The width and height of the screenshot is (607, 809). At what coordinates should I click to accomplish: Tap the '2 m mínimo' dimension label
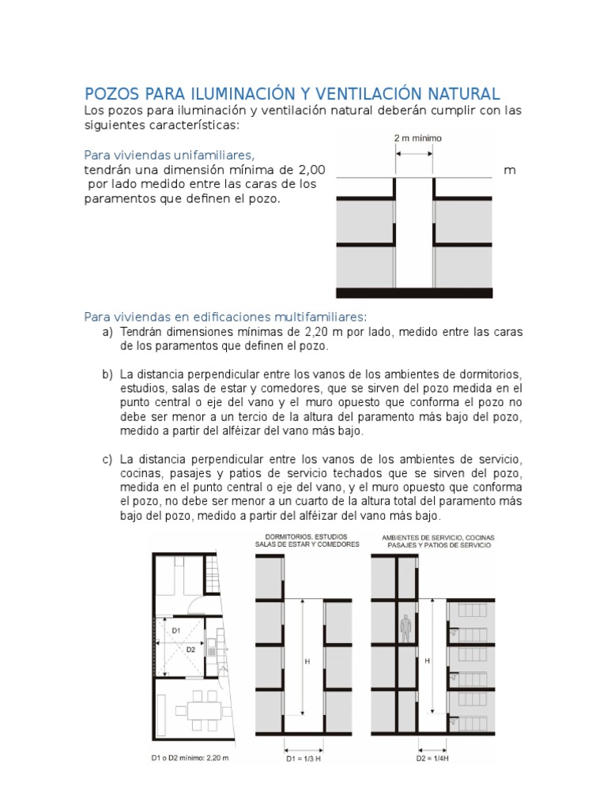pyautogui.click(x=417, y=138)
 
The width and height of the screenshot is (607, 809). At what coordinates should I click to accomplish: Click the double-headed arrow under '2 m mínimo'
pyautogui.click(x=413, y=154)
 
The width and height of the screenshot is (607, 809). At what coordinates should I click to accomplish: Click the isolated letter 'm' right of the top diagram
pyautogui.click(x=510, y=170)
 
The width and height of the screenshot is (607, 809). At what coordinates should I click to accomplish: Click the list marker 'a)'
pyautogui.click(x=107, y=332)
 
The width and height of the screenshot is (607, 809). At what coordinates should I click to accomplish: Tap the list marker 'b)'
pyautogui.click(x=107, y=374)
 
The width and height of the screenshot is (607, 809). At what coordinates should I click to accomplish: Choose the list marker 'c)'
pyautogui.click(x=107, y=459)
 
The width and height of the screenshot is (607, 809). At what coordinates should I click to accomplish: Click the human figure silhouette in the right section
pyautogui.click(x=405, y=627)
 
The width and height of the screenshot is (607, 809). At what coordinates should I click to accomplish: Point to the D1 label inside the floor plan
pyautogui.click(x=176, y=630)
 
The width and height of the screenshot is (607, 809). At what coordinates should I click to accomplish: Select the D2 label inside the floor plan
pyautogui.click(x=190, y=649)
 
